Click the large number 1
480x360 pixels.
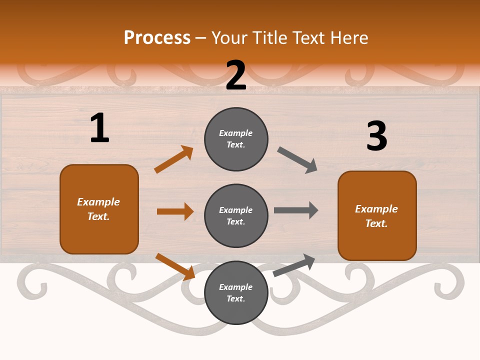(99, 128)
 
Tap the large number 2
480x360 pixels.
(236, 75)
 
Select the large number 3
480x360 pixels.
(376, 136)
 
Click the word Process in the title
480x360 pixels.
(157, 38)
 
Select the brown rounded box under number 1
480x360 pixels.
(99, 209)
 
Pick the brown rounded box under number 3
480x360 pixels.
(377, 216)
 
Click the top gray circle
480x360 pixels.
(236, 139)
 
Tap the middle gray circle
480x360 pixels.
(236, 216)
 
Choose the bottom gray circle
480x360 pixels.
(236, 293)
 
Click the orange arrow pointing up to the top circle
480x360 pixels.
(173, 159)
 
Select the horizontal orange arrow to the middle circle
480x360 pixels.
(175, 211)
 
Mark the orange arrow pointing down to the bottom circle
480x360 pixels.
(175, 266)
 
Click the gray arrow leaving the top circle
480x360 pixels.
(297, 160)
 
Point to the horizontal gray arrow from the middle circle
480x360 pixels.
(295, 210)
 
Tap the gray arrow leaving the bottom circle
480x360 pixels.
(294, 265)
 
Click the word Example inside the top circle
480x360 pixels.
(236, 133)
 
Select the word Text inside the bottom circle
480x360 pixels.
(235, 299)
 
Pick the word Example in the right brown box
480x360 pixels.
(376, 209)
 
